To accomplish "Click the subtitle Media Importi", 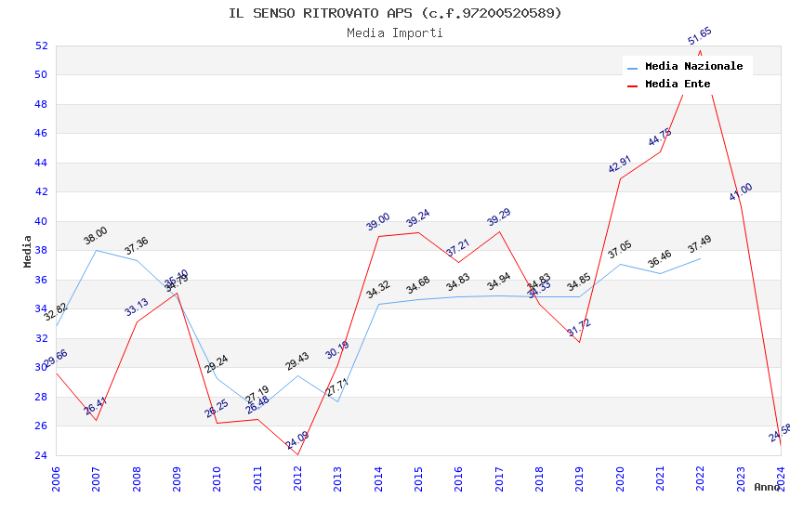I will tap(395, 33).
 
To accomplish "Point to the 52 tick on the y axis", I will tap(41, 46).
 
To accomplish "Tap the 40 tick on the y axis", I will tap(41, 221).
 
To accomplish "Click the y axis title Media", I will tap(28, 251).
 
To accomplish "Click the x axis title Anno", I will tap(767, 487).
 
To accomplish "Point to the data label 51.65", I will tap(700, 36).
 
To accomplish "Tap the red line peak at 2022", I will tap(700, 51).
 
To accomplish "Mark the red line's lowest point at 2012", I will tap(297, 454).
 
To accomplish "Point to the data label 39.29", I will tap(499, 217).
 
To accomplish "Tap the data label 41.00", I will tap(741, 192).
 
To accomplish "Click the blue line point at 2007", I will tap(96, 250).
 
